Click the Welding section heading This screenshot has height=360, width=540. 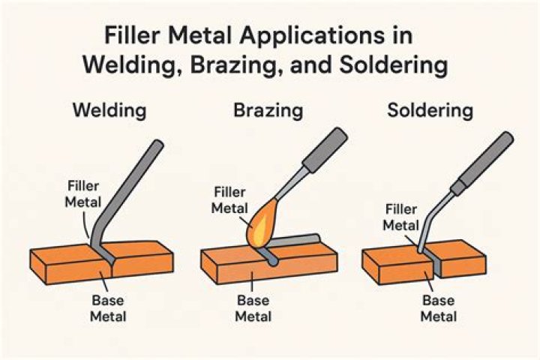coord(109,112)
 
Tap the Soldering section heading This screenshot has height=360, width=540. coord(430,112)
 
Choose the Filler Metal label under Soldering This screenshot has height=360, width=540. coord(401,218)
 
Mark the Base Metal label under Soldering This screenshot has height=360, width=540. coord(439,308)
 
